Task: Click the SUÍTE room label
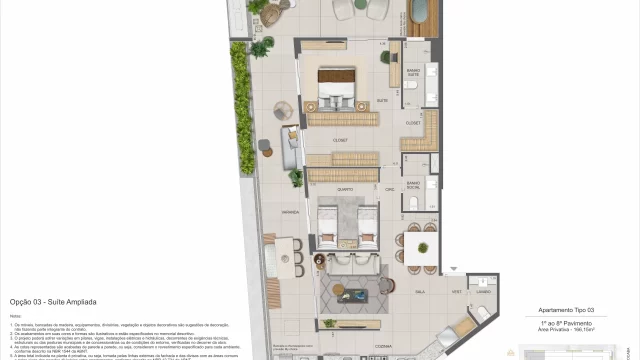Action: point(381,100)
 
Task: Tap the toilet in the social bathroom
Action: point(411,204)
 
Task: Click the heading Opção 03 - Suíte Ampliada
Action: point(52,301)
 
